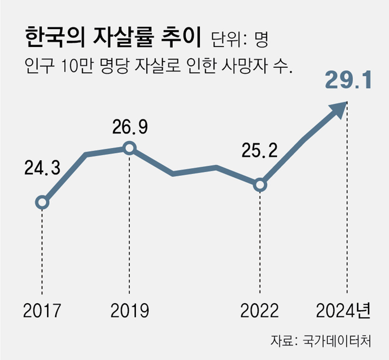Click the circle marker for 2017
tap(42, 202)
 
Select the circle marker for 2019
tap(129, 148)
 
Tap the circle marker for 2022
tap(260, 185)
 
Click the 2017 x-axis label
tap(42, 311)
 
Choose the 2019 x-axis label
tap(130, 311)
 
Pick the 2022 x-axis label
tap(260, 311)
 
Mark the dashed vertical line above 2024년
tap(347, 202)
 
